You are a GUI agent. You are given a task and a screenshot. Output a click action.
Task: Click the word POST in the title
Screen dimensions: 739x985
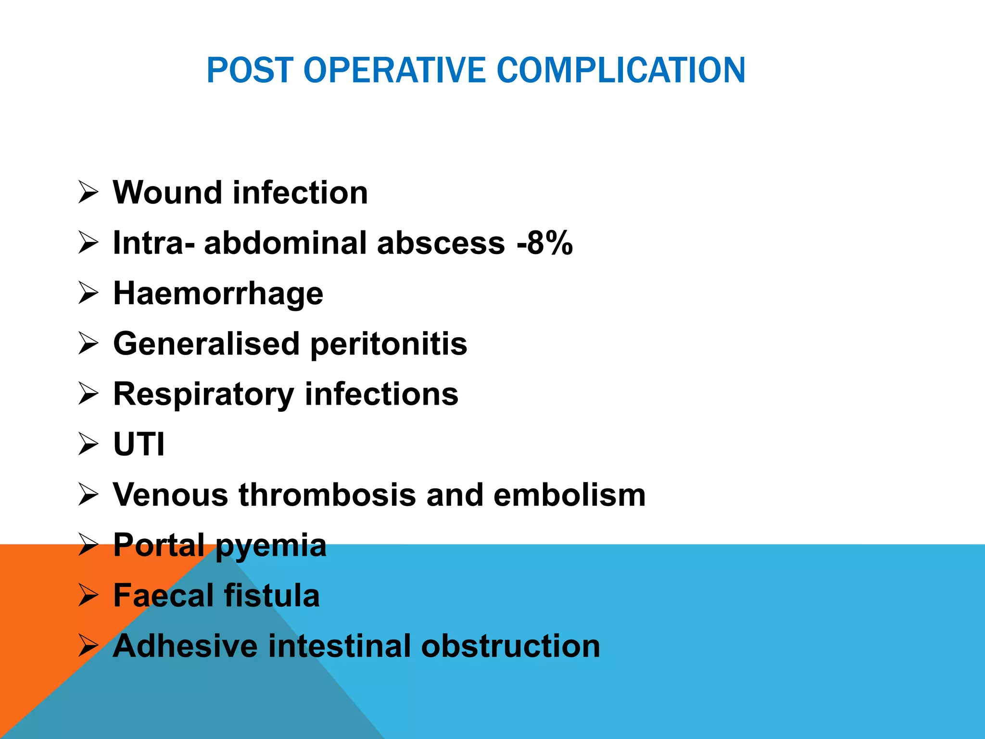(x=250, y=70)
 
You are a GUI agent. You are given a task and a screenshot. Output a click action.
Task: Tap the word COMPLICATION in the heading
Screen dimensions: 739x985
(x=620, y=70)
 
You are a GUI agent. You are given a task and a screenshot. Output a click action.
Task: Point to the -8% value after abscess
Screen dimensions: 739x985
(x=544, y=242)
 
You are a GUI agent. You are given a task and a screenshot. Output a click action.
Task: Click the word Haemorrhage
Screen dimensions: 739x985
(x=218, y=293)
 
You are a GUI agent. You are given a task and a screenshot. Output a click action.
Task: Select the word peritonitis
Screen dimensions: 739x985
(x=389, y=344)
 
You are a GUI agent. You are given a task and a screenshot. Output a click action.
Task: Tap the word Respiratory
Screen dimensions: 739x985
(x=203, y=395)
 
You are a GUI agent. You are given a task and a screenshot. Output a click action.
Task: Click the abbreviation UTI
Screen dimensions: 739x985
(x=139, y=444)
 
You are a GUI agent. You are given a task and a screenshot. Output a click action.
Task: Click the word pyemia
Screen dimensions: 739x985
(x=271, y=546)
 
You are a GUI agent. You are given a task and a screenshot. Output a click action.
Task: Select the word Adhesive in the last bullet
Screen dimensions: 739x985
(x=185, y=646)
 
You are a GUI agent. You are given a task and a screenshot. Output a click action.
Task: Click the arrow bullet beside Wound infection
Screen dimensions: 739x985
(x=88, y=193)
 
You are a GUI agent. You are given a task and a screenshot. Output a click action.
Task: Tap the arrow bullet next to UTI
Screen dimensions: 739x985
(x=88, y=444)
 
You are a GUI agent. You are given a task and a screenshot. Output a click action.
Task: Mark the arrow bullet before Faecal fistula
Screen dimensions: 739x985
(x=88, y=596)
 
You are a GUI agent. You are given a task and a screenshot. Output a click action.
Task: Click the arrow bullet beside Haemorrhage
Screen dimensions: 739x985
(x=88, y=293)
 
